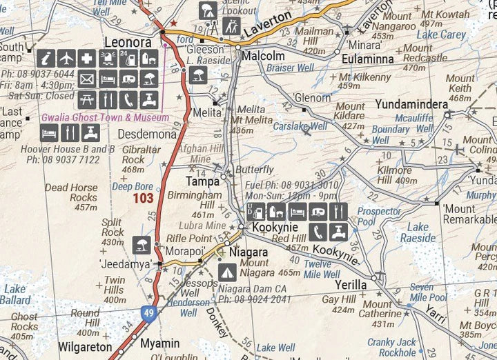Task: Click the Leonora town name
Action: [127, 42]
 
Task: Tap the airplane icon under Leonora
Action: [67, 59]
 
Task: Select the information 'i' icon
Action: [46, 59]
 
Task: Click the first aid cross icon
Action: [88, 59]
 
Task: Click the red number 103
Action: [144, 198]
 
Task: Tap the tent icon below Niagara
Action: [226, 272]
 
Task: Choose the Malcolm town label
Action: [262, 56]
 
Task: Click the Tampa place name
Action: [202, 182]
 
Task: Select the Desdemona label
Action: [147, 134]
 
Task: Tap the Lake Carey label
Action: [442, 34]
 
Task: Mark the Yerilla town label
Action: [350, 283]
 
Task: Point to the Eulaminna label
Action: [368, 59]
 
